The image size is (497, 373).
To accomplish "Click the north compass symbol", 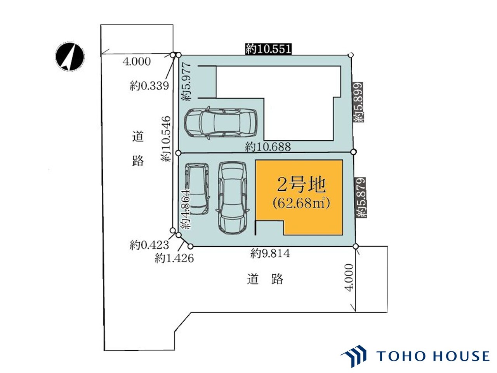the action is tap(70, 56).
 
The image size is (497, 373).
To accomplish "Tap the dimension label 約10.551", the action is tap(268, 49).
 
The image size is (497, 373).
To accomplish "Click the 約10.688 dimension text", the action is tap(268, 147).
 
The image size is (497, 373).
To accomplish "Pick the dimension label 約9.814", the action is tap(270, 253).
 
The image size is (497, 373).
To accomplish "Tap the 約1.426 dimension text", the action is tap(174, 258).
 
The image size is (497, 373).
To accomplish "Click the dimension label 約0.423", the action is tap(149, 245).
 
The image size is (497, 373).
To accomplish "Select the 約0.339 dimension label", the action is tap(149, 86).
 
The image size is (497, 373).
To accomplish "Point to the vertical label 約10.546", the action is tap(166, 139).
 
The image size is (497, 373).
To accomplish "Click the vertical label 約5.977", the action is tap(186, 81).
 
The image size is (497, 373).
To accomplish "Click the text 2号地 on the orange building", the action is tap(301, 185).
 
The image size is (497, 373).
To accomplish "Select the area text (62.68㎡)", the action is tap(301, 203).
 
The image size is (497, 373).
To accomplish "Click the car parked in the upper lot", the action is tap(221, 124).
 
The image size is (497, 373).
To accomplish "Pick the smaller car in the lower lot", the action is tap(197, 189).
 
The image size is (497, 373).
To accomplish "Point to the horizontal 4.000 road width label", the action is tap(137, 62).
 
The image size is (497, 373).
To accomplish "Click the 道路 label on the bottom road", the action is tap(265, 279).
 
